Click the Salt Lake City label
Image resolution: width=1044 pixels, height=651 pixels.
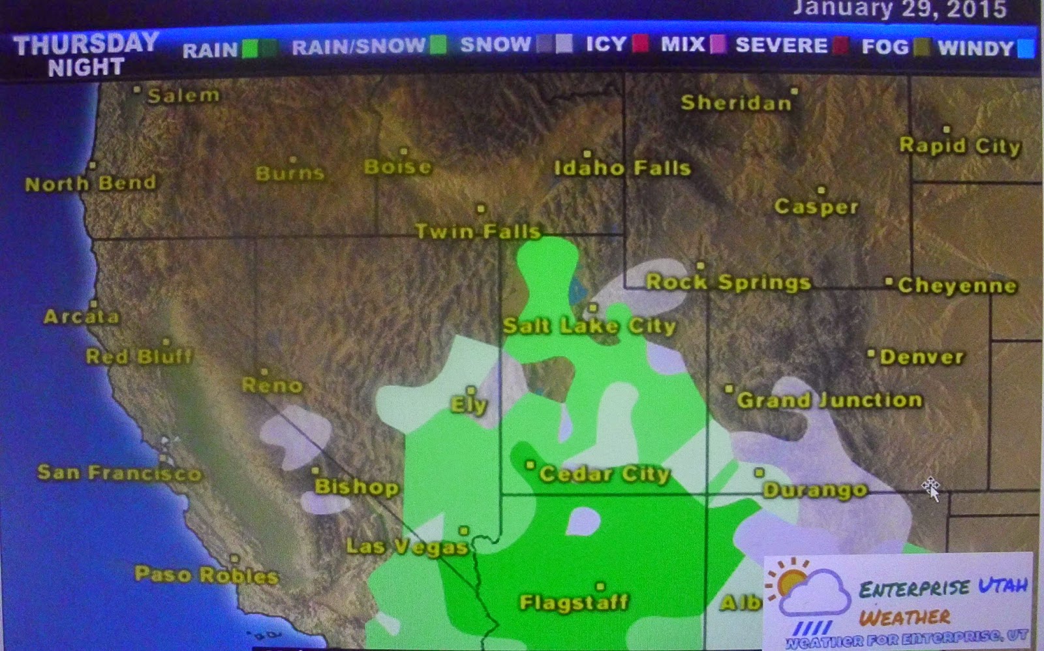click(x=589, y=325)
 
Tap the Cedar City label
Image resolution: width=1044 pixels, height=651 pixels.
click(x=604, y=474)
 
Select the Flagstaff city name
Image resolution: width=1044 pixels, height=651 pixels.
click(x=574, y=602)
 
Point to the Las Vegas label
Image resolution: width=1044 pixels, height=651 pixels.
click(x=407, y=546)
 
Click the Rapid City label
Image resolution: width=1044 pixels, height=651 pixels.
click(x=959, y=145)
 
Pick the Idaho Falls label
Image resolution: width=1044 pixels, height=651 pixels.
click(x=622, y=168)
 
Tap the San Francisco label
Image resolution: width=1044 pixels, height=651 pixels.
click(x=119, y=472)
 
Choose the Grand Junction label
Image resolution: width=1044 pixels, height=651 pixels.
click(x=829, y=399)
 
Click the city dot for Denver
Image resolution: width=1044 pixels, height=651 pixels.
click(x=870, y=354)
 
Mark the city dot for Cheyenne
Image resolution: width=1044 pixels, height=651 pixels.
click(x=889, y=282)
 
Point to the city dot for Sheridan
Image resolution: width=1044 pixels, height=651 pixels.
click(x=794, y=91)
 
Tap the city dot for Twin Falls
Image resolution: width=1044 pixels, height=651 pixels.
click(x=481, y=209)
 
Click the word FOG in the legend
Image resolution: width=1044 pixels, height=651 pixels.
click(x=885, y=46)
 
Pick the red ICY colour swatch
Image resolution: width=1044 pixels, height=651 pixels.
click(x=640, y=44)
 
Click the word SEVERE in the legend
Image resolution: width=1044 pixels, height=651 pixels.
click(x=781, y=45)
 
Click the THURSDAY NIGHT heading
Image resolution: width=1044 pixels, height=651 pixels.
click(x=86, y=55)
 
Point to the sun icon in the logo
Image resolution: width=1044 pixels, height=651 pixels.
click(x=790, y=580)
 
